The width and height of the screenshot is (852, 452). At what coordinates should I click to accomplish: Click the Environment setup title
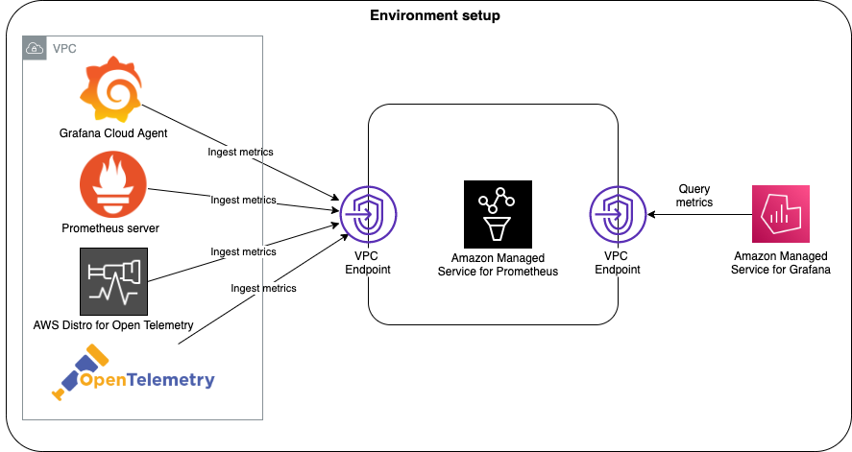point(434,16)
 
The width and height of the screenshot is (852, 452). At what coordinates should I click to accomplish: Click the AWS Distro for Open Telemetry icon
point(113,281)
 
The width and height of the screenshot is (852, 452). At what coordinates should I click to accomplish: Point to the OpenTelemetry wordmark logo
point(134,379)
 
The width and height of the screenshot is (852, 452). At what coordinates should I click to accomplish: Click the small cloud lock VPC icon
point(35,48)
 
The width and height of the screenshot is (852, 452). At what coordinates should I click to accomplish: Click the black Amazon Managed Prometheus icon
point(497,214)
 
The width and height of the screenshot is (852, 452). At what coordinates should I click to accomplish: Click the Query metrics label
point(695,196)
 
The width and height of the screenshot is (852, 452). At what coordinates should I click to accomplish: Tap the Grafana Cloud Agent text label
point(113,133)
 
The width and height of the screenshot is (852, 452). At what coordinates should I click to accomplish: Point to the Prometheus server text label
point(110,228)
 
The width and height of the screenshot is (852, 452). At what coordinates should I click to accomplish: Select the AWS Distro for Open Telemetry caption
point(113,325)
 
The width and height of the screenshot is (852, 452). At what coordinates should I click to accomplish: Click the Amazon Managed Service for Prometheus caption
point(498,265)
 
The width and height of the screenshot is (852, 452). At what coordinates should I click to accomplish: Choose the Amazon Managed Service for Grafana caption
point(782,264)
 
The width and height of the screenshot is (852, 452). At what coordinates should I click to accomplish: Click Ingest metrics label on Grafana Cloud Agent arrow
point(240,152)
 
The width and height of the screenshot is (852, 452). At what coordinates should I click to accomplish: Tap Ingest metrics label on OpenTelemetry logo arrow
point(263,288)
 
